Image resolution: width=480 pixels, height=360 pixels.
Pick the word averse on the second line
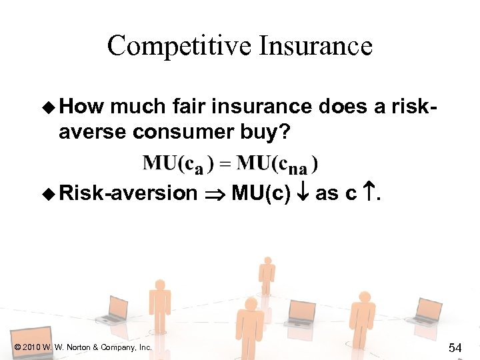92,132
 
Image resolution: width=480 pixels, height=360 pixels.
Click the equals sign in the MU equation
229,163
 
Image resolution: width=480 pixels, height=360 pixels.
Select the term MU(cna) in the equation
278,163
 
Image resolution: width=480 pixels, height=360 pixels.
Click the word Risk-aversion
128,193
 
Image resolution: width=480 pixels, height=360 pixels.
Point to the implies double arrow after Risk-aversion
213,194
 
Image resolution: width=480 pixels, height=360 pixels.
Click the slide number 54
455,347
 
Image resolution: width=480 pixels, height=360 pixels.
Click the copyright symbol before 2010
16,347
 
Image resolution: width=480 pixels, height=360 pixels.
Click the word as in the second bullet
327,193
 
